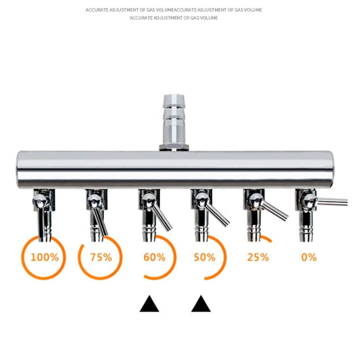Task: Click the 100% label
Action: click(x=45, y=258)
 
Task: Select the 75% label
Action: click(x=101, y=258)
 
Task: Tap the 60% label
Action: click(x=154, y=258)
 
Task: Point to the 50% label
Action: click(x=205, y=258)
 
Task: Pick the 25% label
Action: click(x=258, y=258)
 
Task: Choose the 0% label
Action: click(x=309, y=258)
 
